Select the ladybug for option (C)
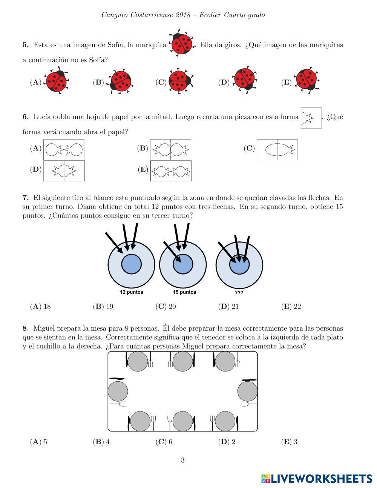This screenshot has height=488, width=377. tap(180, 80)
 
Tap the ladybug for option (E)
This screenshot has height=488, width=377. tap(307, 80)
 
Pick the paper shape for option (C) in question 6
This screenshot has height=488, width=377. tap(277, 150)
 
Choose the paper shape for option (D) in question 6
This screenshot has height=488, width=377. tap(64, 171)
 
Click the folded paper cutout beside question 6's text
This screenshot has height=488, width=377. tap(311, 118)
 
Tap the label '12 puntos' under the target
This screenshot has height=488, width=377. tap(132, 292)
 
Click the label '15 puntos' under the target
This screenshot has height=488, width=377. tap(185, 292)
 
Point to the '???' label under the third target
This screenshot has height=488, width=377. tap(239, 293)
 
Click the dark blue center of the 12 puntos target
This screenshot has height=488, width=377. tap(131, 264)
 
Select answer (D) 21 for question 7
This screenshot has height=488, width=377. tap(228, 307)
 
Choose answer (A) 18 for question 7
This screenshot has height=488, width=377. tap(40, 307)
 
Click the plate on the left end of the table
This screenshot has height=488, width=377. tap(118, 391)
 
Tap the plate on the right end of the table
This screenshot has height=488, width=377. tap(248, 391)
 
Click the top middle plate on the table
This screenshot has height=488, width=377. tap(183, 361)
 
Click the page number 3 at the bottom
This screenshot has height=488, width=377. tap(183, 460)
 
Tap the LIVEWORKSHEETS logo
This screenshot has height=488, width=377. tap(317, 479)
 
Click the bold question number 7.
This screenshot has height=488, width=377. tap(26, 198)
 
